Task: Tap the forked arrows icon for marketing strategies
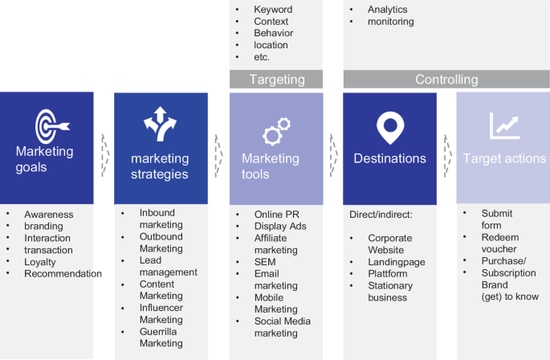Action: click(160, 122)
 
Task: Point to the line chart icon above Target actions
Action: click(504, 125)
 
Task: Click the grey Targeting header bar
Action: click(276, 79)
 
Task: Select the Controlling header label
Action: click(446, 79)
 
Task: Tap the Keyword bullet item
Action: click(272, 10)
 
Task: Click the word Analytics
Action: click(388, 10)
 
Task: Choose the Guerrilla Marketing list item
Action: click(161, 337)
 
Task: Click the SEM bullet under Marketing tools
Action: click(265, 262)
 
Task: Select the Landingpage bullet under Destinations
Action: click(397, 262)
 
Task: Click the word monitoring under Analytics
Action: click(391, 22)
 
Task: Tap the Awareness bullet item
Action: click(48, 215)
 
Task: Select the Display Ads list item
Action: click(280, 227)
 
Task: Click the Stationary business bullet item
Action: click(390, 291)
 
